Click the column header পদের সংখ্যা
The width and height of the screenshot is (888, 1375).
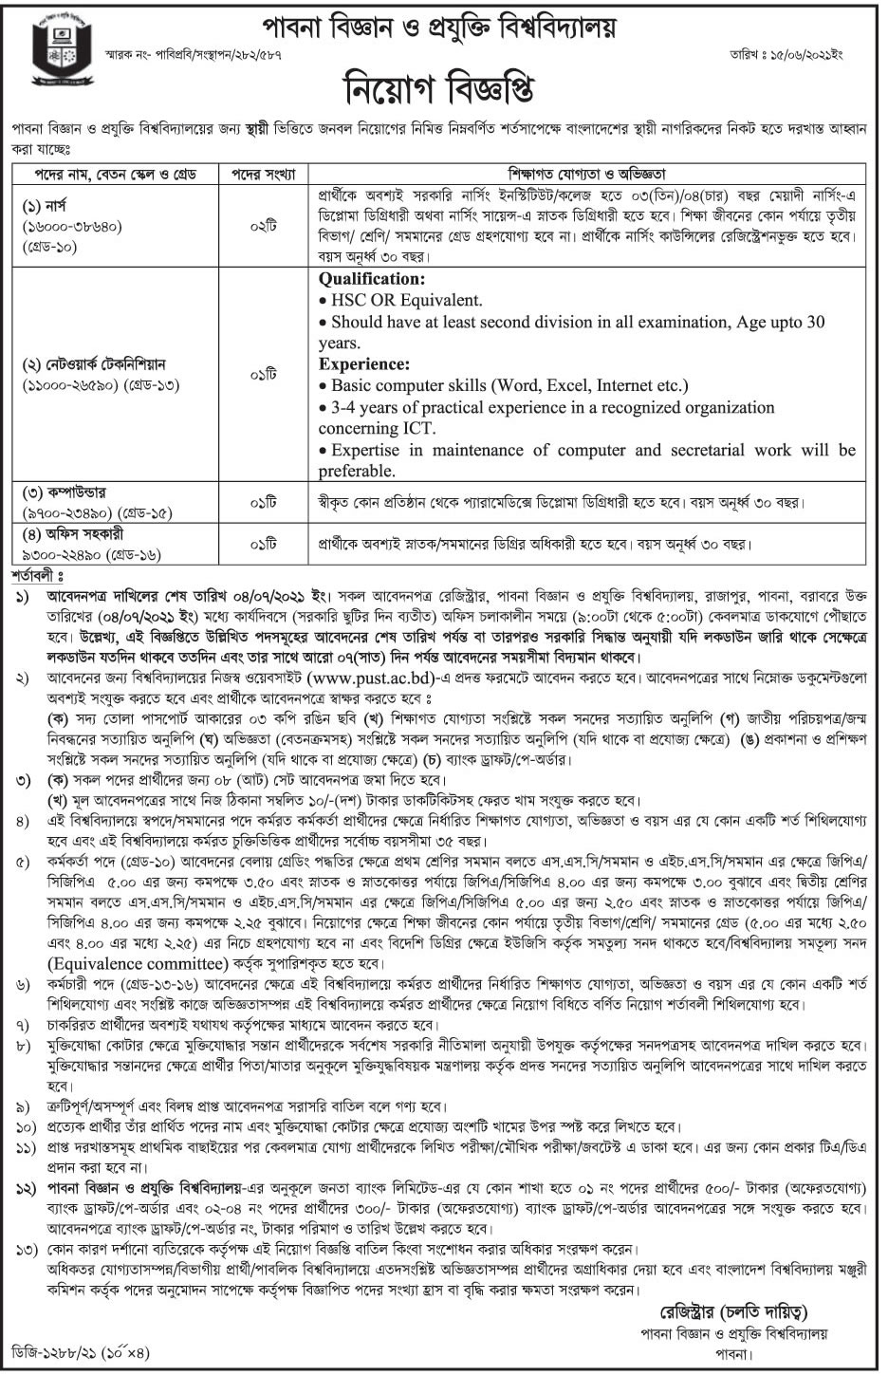(257, 175)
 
